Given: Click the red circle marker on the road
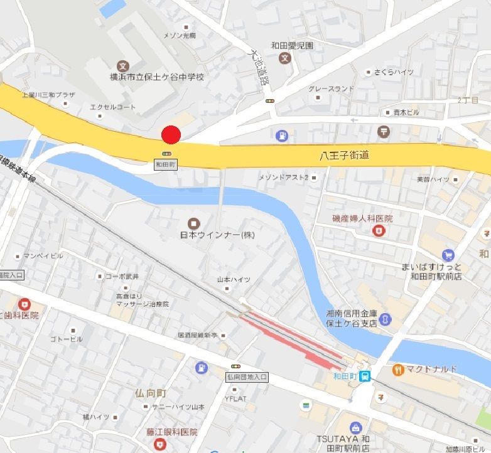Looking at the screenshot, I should tap(171, 135).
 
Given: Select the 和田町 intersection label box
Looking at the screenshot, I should tap(166, 164).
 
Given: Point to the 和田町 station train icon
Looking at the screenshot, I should tap(365, 376).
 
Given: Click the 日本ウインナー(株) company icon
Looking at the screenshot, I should tap(193, 223).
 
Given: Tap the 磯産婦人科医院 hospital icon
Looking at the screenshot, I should tap(378, 230).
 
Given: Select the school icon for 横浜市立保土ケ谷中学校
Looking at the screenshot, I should tap(123, 65).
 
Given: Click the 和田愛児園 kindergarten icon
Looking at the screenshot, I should tap(285, 58).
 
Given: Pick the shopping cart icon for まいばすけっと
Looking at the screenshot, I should tap(448, 255).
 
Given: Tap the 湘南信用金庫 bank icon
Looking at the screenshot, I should tap(386, 319).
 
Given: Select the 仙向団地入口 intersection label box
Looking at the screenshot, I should tap(247, 377).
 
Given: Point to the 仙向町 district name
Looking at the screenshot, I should tap(151, 393).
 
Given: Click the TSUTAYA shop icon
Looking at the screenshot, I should tap(357, 427).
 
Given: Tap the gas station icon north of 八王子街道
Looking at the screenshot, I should tap(282, 134).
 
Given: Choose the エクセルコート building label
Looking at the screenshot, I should tap(113, 107).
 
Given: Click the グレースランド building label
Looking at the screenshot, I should tap(332, 89).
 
